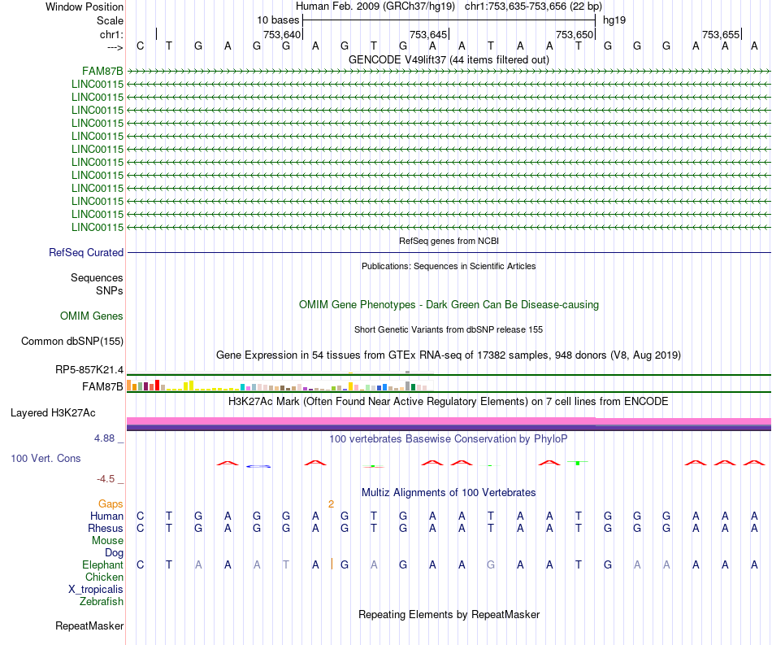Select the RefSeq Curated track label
(86, 253)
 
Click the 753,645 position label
(428, 34)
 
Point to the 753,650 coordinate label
(574, 34)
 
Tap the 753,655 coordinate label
(721, 34)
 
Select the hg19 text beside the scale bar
(614, 20)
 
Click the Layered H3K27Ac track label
(67, 412)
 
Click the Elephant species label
(102, 564)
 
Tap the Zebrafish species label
(102, 601)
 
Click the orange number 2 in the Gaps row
(331, 503)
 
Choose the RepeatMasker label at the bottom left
(89, 625)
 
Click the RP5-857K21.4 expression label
(89, 370)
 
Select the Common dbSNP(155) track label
(72, 341)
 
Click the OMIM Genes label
(92, 316)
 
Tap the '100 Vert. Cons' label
(46, 459)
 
